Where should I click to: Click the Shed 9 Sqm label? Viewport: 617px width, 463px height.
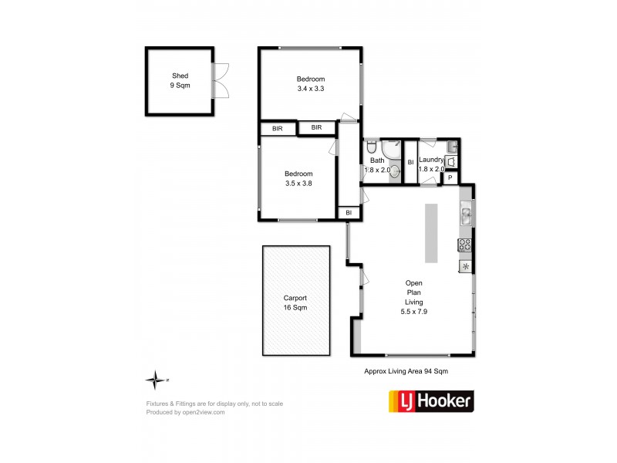pos(180,81)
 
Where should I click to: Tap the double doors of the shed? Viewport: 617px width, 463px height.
pos(222,80)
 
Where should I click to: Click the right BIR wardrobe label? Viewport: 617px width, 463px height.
pos(316,127)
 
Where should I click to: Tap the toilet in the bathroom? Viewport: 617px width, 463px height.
pos(371,147)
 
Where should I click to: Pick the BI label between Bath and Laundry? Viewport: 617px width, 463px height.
pos(410,162)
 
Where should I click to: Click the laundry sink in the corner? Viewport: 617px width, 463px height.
pos(451,161)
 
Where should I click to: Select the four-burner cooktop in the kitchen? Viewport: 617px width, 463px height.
pos(466,245)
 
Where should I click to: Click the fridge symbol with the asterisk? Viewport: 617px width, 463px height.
pos(466,266)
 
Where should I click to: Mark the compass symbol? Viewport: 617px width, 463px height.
pos(157,380)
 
